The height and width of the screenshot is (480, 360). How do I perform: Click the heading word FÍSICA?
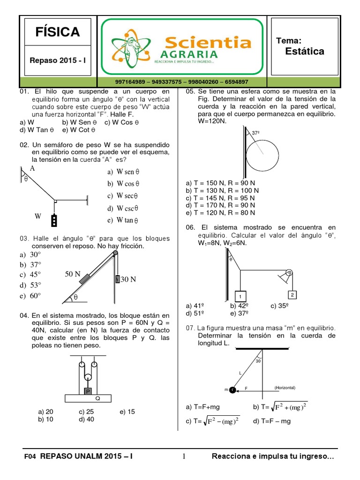(x=58, y=32)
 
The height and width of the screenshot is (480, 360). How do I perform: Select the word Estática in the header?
(x=304, y=52)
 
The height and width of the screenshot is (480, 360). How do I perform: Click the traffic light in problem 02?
(x=55, y=220)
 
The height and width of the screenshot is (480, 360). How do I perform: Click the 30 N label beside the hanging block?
(x=128, y=279)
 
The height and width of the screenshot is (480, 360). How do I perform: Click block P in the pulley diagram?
(x=88, y=391)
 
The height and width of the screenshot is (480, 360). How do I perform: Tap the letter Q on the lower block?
(x=98, y=398)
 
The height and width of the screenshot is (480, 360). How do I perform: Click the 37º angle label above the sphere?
(x=256, y=133)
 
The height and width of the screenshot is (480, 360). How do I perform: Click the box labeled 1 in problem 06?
(x=240, y=296)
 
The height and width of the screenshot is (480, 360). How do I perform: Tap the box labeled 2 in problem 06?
(x=292, y=295)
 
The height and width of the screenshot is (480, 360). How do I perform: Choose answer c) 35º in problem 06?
(x=280, y=306)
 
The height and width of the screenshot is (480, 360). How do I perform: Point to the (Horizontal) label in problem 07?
(x=287, y=388)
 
